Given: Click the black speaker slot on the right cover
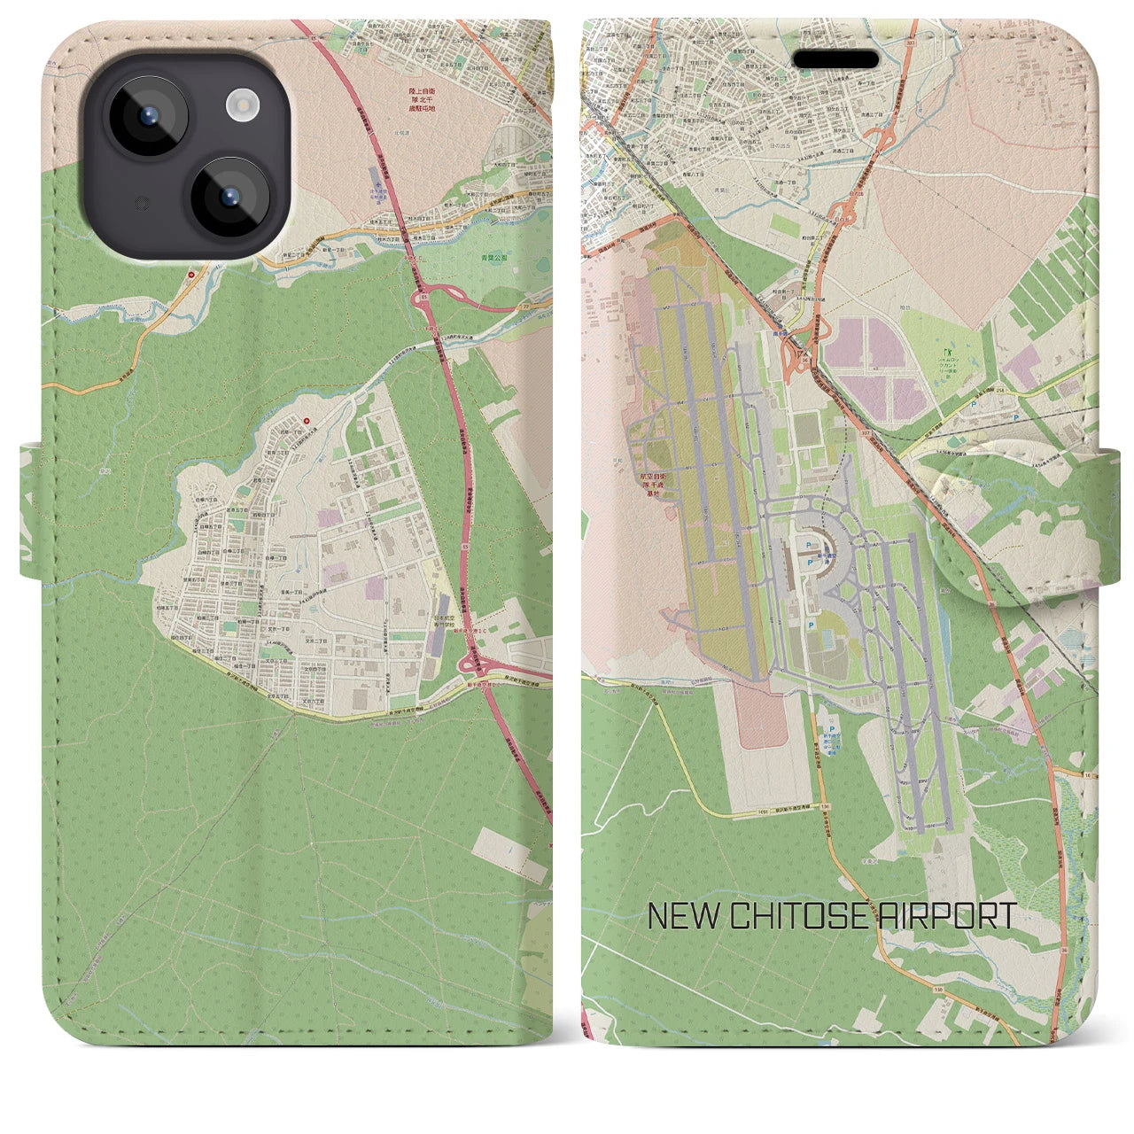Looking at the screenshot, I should point(835,60).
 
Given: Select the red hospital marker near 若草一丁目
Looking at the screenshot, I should point(307,422).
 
